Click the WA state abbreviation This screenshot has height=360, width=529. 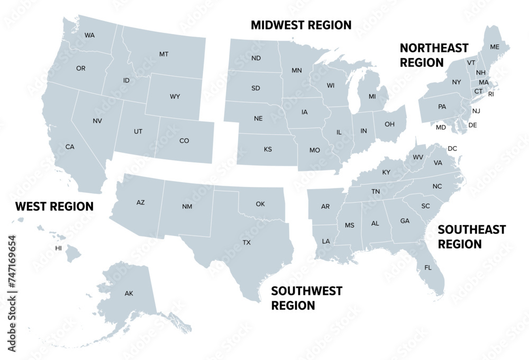point(89,35)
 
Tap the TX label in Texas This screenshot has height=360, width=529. point(247,242)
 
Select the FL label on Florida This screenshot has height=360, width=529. point(428,267)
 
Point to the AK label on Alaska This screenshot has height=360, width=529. point(129,293)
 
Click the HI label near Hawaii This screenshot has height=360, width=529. point(59,248)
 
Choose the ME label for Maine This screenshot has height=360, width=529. point(495,47)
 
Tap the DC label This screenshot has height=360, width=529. point(452,149)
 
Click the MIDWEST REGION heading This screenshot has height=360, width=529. point(301,25)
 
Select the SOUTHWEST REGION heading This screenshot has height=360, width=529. point(306,298)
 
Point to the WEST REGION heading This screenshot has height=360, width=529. point(54,206)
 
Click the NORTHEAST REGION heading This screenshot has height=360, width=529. point(434,55)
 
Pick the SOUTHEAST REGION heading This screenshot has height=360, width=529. point(471,237)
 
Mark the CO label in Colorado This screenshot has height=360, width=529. point(184,141)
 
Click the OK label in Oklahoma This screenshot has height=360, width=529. point(260,204)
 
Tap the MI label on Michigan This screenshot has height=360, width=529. point(372,96)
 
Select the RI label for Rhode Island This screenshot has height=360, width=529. point(490,94)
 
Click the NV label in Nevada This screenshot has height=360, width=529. point(97,121)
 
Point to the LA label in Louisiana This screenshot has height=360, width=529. point(326,241)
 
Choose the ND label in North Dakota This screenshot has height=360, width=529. point(256,58)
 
